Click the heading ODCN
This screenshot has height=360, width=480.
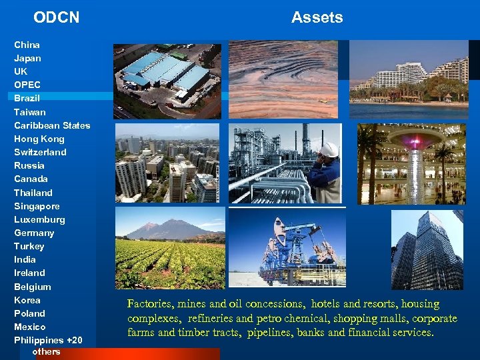56,17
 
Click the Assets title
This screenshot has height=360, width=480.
317,17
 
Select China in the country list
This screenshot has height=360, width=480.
27,45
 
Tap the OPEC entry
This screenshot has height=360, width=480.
27,85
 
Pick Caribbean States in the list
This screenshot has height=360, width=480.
52,125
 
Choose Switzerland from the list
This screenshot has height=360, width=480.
40,152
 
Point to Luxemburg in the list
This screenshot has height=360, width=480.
39,219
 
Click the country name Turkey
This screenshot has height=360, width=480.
29,246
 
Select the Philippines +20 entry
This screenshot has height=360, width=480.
48,340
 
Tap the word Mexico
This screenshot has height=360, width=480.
30,327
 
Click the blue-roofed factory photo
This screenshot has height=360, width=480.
167,81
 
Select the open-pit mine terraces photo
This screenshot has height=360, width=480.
283,79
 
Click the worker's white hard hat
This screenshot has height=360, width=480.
329,149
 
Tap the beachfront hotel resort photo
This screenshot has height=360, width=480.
409,79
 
